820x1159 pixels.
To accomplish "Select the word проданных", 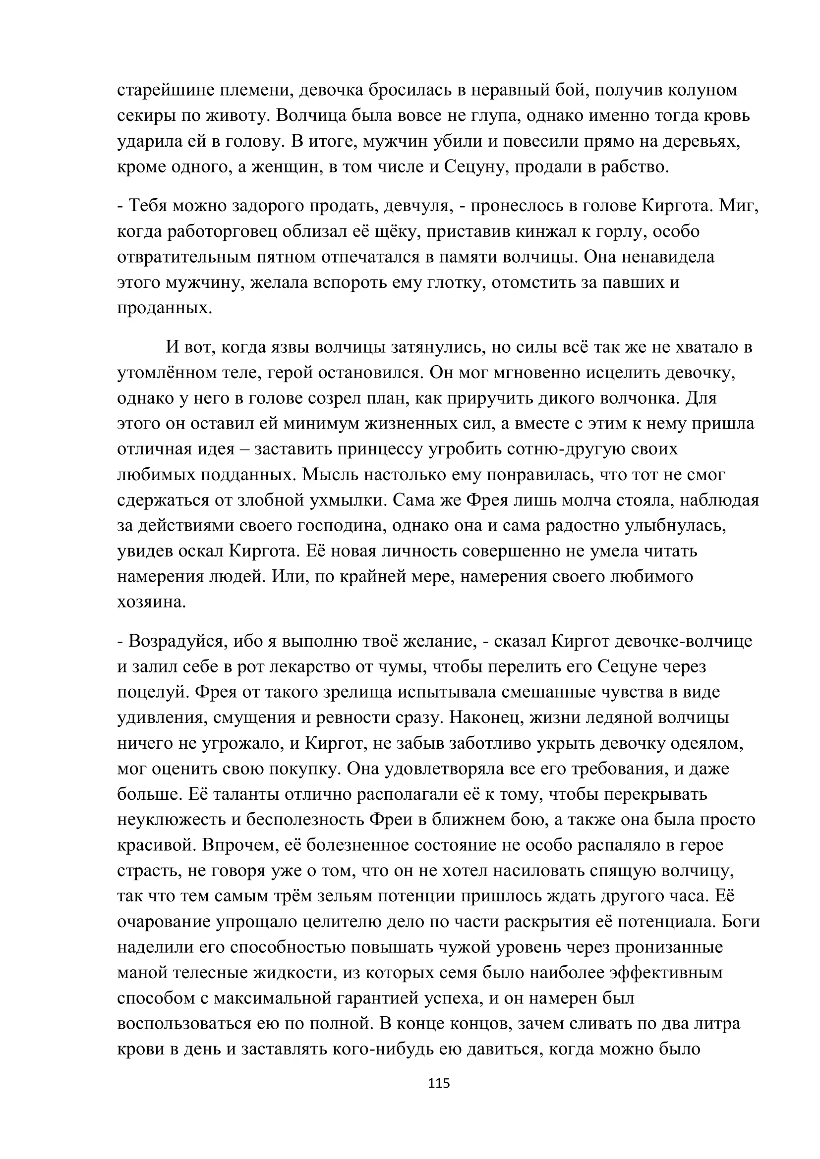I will (164, 308).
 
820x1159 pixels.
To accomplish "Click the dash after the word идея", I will (245, 449).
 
